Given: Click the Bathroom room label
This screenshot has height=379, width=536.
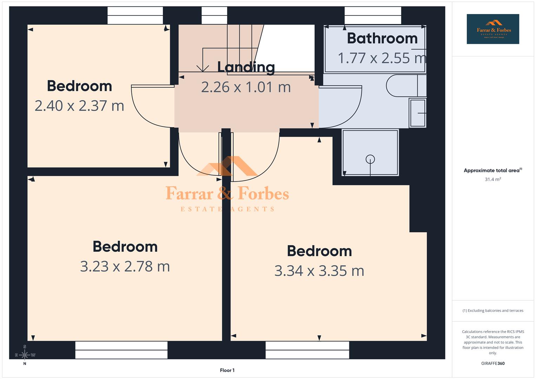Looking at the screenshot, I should pyautogui.click(x=382, y=38).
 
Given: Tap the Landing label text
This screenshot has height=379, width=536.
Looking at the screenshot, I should pyautogui.click(x=246, y=67).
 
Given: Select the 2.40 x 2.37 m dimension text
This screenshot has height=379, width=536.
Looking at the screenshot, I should pyautogui.click(x=79, y=106).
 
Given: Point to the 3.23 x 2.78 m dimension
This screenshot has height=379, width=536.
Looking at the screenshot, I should pyautogui.click(x=125, y=266).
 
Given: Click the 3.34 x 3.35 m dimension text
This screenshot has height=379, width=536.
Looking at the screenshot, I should pyautogui.click(x=319, y=271).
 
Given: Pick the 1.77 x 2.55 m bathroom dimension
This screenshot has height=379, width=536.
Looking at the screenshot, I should pyautogui.click(x=382, y=58).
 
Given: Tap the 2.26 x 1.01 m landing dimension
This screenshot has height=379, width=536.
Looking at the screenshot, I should pyautogui.click(x=246, y=87).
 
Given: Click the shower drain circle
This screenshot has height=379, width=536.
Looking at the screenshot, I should pyautogui.click(x=370, y=159).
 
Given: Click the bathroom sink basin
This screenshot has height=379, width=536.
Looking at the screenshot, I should pyautogui.click(x=418, y=113).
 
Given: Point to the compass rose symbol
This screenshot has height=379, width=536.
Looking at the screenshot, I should pyautogui.click(x=25, y=355).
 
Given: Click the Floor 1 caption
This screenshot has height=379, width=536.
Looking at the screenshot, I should pyautogui.click(x=227, y=370).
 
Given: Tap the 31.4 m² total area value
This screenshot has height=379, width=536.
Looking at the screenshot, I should pyautogui.click(x=493, y=179).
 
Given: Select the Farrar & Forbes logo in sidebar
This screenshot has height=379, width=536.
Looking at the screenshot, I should pyautogui.click(x=493, y=29).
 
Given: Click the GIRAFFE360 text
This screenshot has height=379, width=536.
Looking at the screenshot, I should pyautogui.click(x=493, y=364).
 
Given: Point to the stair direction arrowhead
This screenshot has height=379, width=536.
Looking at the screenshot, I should pyautogui.click(x=203, y=68).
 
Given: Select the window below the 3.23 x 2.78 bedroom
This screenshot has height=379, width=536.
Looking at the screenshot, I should pyautogui.click(x=121, y=350).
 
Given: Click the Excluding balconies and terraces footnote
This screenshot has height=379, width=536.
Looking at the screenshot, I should pyautogui.click(x=493, y=311).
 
